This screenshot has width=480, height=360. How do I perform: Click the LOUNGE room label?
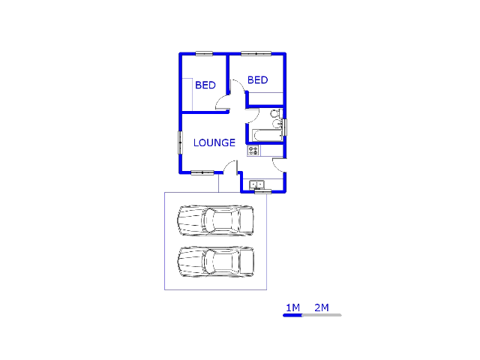[214, 142]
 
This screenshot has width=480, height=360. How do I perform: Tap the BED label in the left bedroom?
[205, 85]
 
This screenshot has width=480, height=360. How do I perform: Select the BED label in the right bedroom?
[258, 80]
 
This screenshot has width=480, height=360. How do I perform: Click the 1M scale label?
[293, 307]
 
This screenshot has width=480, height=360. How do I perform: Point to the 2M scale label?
[322, 307]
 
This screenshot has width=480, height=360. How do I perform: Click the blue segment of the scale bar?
[292, 315]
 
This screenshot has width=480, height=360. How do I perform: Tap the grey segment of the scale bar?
[322, 315]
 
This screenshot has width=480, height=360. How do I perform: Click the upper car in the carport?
[216, 220]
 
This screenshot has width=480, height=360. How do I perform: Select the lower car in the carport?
[216, 262]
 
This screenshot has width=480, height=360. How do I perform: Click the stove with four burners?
[253, 150]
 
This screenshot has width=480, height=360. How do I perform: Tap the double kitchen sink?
[256, 185]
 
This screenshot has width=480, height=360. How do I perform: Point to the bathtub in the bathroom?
[268, 135]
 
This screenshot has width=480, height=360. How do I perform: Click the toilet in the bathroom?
[276, 113]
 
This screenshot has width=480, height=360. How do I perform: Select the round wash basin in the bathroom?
[277, 124]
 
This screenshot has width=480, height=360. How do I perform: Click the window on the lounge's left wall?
[180, 142]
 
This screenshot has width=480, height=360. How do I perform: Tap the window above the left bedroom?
[204, 53]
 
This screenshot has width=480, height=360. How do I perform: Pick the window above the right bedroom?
[256, 53]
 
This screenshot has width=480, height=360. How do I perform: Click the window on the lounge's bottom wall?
[202, 173]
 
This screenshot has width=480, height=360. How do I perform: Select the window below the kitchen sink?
[263, 192]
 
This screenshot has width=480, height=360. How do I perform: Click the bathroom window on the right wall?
[285, 127]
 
